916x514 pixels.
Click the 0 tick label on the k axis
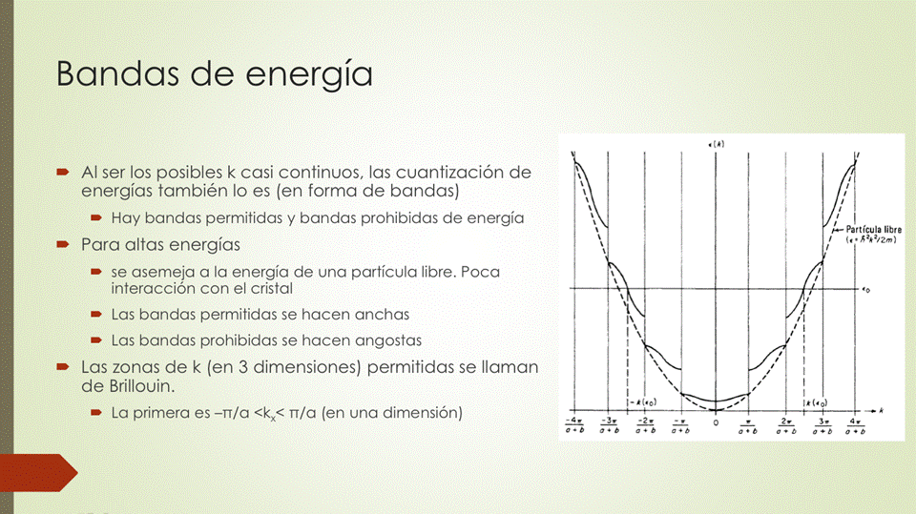pyautogui.click(x=716, y=423)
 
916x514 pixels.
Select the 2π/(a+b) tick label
pyautogui.click(x=786, y=424)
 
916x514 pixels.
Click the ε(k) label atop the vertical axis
pyautogui.click(x=716, y=143)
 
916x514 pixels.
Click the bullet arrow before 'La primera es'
pyautogui.click(x=96, y=413)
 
